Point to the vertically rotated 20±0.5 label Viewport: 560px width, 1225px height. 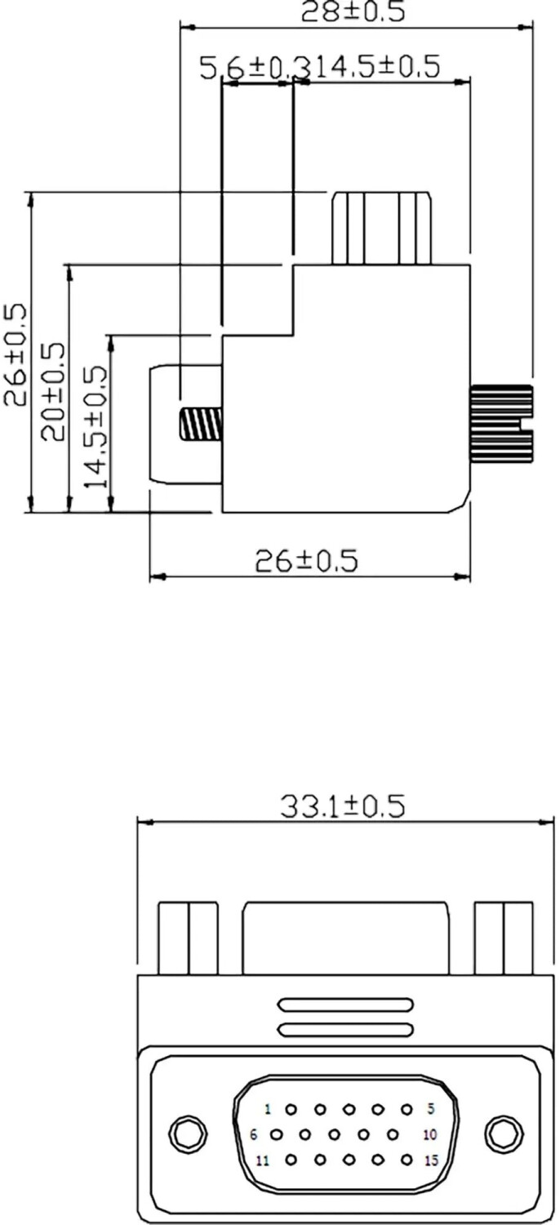click(x=54, y=392)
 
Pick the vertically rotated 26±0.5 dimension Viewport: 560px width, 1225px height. click(x=16, y=355)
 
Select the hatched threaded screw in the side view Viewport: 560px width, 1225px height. click(x=200, y=425)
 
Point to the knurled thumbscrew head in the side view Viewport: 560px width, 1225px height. click(x=501, y=423)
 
